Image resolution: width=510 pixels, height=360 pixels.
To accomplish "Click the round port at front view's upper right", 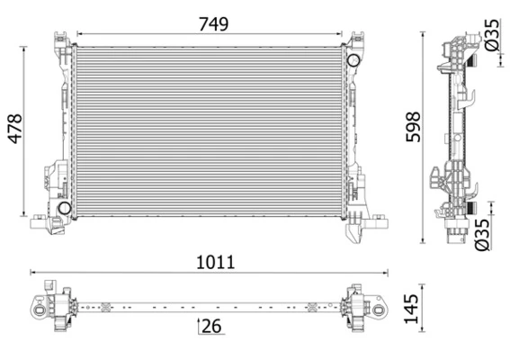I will tap(353, 60).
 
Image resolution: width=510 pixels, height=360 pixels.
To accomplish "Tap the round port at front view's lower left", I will tap(64, 209).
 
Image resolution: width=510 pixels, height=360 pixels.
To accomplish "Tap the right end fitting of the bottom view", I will tap(364, 308).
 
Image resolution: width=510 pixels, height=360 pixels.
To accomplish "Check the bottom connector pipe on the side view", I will tap(453, 236).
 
